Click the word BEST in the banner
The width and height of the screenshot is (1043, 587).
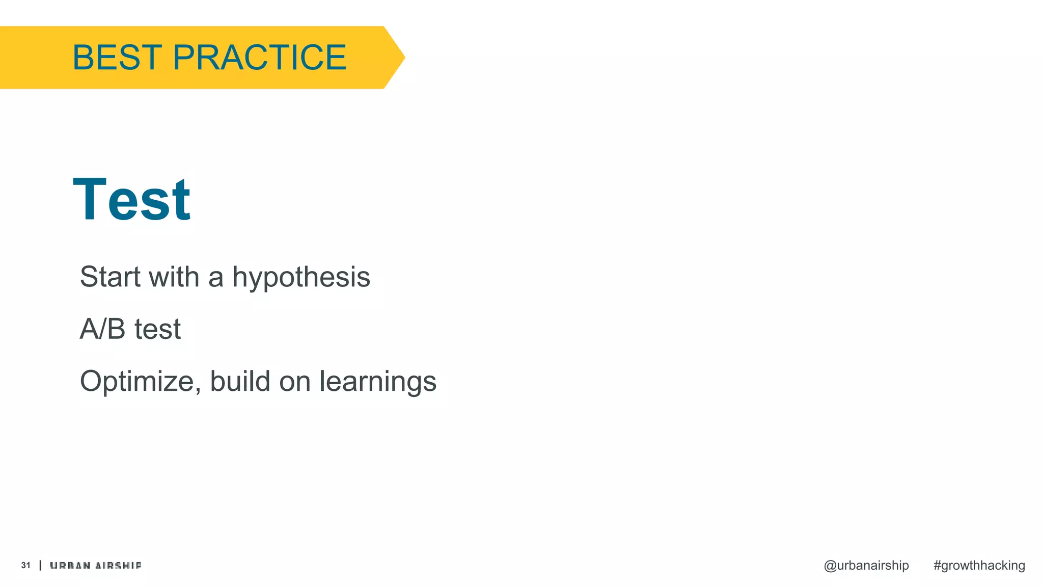117,57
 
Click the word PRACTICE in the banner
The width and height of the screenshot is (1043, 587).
260,57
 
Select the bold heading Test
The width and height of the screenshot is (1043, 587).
132,200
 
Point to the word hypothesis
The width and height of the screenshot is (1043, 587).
301,278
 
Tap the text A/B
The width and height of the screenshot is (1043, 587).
102,329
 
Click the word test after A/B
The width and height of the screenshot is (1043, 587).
157,329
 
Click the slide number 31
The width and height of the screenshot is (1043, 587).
26,565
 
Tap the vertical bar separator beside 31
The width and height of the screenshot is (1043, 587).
40,565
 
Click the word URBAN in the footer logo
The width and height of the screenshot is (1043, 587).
70,566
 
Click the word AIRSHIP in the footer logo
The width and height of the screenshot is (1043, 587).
118,566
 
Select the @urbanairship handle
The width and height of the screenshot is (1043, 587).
866,566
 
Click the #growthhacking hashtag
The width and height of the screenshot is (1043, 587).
979,566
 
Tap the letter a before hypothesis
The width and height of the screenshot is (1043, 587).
216,278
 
